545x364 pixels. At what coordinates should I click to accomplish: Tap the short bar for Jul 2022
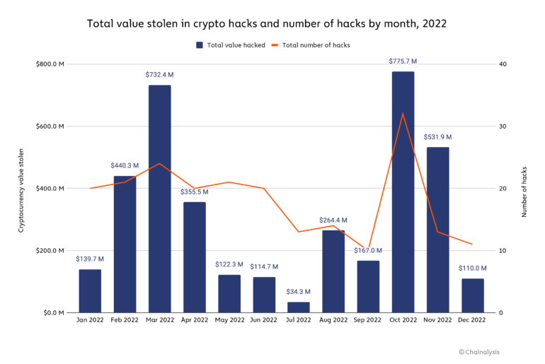(x=298, y=307)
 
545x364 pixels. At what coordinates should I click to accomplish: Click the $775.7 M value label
(x=403, y=61)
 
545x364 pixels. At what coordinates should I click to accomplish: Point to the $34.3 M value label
(x=298, y=293)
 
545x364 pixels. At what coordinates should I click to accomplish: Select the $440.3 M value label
(x=125, y=165)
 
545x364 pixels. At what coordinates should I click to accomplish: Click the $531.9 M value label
(x=437, y=137)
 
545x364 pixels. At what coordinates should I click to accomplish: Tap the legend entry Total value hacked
(x=230, y=45)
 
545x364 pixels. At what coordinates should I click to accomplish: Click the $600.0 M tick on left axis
(x=50, y=127)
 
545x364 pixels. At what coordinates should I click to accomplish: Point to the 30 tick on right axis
(x=503, y=127)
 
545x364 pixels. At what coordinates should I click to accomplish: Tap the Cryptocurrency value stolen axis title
(x=21, y=189)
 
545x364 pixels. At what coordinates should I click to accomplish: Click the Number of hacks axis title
(x=525, y=189)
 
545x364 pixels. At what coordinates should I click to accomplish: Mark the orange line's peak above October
(x=403, y=114)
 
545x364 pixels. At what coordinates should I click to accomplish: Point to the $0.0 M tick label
(x=52, y=313)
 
